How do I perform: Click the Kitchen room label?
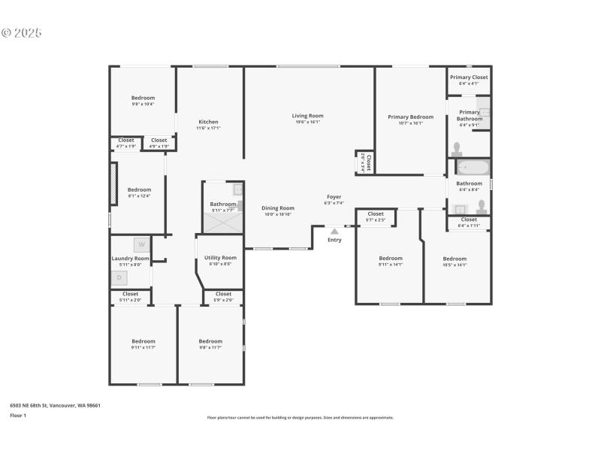pos(208,122)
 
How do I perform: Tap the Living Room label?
pos(307,116)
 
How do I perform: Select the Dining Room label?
pos(277,208)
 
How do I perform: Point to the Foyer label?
pos(334,197)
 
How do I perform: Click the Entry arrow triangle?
pos(334,232)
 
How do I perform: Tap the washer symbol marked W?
pos(141,244)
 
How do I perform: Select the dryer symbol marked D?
pos(119,277)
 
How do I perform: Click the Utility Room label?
pos(220,258)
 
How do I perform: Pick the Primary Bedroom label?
pos(410,117)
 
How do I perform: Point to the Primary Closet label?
pos(469,77)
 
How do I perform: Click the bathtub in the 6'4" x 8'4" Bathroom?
pos(473,167)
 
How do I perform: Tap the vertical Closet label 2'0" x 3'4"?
pos(368,163)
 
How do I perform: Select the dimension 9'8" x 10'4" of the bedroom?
pos(143,104)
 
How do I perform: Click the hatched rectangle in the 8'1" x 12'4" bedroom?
pos(114,183)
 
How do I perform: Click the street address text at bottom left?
pos(55,405)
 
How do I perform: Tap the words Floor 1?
pos(18,415)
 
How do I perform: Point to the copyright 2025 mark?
pos(22,33)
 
